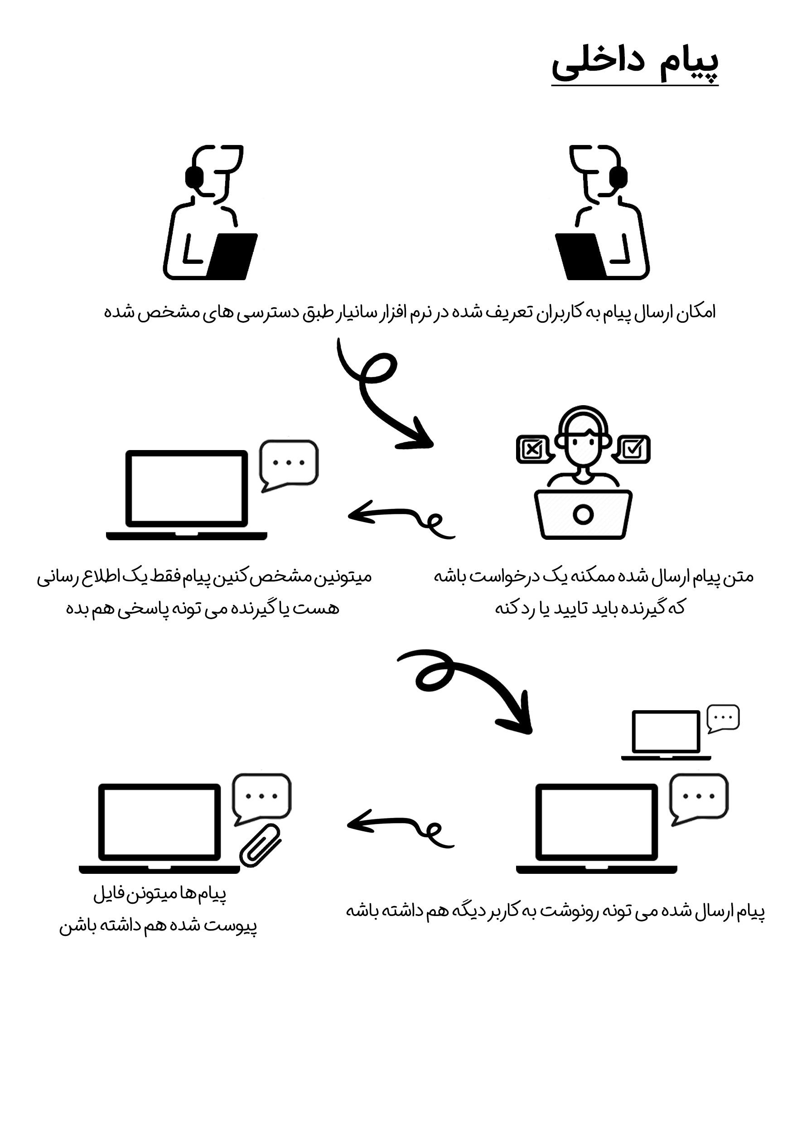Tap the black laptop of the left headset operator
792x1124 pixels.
tap(233, 256)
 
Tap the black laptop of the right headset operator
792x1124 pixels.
tap(580, 256)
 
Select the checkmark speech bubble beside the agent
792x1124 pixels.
tap(633, 448)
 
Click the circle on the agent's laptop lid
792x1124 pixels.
tap(583, 514)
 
